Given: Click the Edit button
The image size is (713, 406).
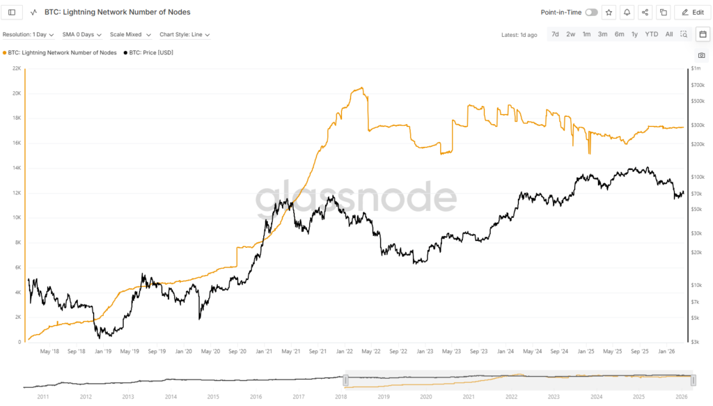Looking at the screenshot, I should [x=691, y=12].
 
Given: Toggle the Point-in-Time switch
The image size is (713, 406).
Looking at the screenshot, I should [x=591, y=12].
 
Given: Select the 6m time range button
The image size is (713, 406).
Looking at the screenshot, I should [x=619, y=34].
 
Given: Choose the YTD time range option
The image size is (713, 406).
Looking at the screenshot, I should [x=651, y=34].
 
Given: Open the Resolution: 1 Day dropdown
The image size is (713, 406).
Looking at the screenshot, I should [x=28, y=34].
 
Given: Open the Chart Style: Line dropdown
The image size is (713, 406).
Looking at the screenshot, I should [x=185, y=34].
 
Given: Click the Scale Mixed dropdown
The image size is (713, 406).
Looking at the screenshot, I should [x=130, y=34].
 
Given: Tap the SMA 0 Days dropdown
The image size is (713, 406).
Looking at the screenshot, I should [x=81, y=34].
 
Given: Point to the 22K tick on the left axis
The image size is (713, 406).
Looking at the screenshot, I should [x=17, y=68].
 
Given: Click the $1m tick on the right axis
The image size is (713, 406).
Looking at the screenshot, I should [x=696, y=68].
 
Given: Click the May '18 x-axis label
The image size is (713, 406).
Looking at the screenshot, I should [x=49, y=352].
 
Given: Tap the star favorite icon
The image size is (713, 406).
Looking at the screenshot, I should [x=609, y=12].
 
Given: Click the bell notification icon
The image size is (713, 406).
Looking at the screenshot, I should [x=627, y=12].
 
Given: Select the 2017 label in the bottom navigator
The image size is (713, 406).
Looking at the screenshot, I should [x=299, y=396].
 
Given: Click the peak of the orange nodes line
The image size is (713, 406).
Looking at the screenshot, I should [x=360, y=88].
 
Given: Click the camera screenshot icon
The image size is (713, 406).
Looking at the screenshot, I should [x=701, y=55].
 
